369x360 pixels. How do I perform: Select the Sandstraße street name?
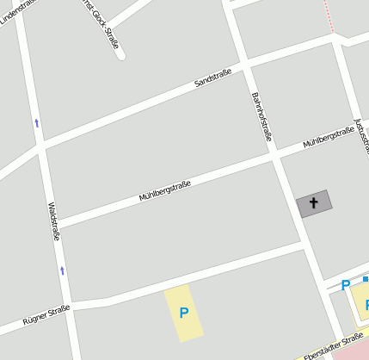[x=212, y=78]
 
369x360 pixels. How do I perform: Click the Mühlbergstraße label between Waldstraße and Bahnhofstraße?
[x=164, y=190]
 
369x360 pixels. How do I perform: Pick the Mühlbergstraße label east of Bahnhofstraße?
[x=329, y=136]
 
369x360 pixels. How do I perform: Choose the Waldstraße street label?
[x=54, y=221]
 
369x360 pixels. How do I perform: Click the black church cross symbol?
[x=313, y=203]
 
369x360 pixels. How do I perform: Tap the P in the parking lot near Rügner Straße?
[x=183, y=312]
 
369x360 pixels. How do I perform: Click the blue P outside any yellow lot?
[x=346, y=285]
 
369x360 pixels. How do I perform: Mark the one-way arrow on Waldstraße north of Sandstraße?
[x=36, y=123]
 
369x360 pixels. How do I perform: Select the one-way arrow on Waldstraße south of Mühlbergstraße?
[x=62, y=270]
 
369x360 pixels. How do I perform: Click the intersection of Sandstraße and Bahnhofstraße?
[x=245, y=65]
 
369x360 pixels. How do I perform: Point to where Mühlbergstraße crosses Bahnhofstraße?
[x=274, y=156]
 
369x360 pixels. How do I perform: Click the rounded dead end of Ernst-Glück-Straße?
[x=120, y=54]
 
